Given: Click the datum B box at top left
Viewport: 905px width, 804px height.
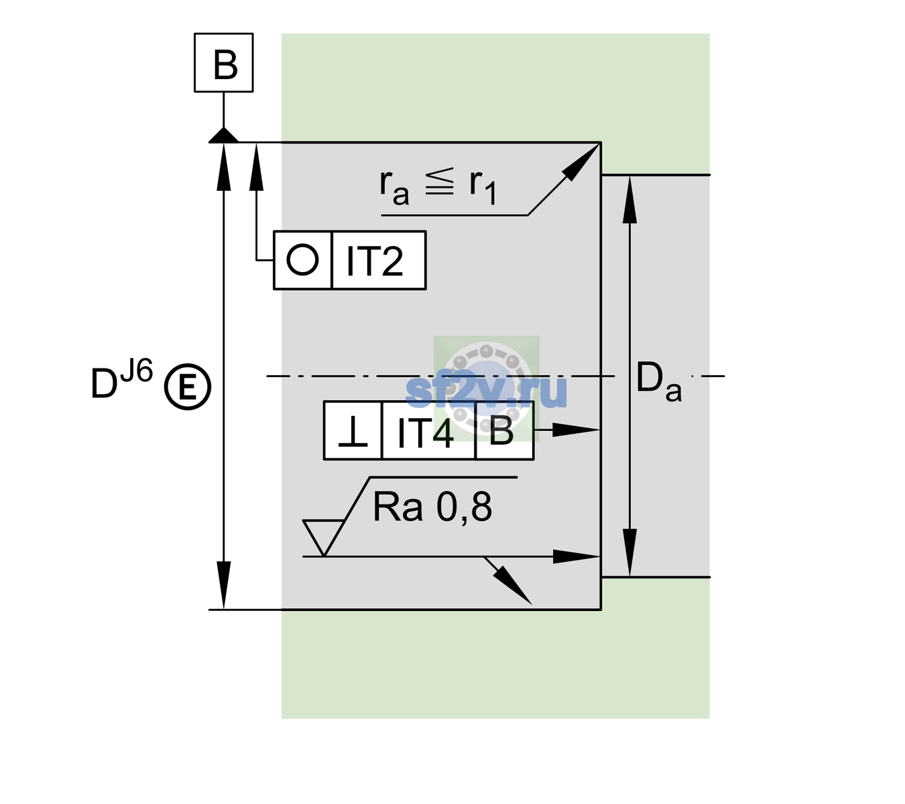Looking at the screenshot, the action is (x=223, y=62).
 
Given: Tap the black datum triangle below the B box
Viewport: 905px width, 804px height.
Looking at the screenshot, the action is (x=223, y=136).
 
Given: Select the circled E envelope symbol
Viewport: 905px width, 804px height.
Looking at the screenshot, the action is (x=188, y=387).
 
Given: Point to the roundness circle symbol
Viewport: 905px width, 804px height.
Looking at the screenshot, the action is (x=302, y=260).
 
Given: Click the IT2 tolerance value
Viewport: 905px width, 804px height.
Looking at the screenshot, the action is (x=375, y=261).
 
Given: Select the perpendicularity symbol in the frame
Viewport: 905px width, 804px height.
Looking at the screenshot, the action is (x=353, y=433).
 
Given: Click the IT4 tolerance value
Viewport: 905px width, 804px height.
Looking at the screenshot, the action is (x=426, y=433).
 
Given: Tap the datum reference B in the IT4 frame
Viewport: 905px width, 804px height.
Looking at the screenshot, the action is (x=501, y=431).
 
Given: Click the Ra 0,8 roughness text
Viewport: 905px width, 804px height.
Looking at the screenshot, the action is (x=432, y=507).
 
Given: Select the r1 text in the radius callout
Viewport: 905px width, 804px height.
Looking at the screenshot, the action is (x=483, y=187).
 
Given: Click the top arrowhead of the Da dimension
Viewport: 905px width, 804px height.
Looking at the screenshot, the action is (x=630, y=199).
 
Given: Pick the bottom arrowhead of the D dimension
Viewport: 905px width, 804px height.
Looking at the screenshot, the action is (x=223, y=586).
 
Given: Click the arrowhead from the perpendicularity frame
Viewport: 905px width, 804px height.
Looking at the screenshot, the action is (x=576, y=430).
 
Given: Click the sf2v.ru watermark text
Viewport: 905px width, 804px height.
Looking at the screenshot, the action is (x=487, y=391).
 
